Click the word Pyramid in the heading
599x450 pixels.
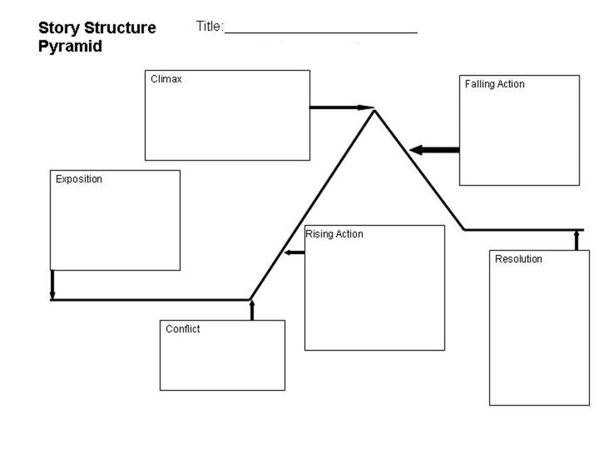click(x=70, y=47)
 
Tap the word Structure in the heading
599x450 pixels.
click(x=120, y=28)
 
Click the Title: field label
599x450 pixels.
click(x=210, y=26)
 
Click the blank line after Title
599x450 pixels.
click(x=321, y=33)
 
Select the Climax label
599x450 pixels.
click(x=166, y=79)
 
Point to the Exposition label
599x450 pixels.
click(x=79, y=179)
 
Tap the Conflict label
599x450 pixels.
click(x=182, y=329)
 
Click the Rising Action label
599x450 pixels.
click(x=334, y=234)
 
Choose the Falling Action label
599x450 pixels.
click(x=495, y=84)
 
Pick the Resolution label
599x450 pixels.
click(x=518, y=259)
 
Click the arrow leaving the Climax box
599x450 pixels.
click(x=342, y=108)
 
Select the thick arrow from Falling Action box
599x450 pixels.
click(x=435, y=150)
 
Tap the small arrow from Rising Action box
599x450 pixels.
click(x=294, y=252)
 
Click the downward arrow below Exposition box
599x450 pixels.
click(x=52, y=285)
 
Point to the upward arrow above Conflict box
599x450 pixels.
click(x=252, y=310)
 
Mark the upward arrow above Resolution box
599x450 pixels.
click(x=577, y=240)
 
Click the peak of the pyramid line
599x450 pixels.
click(x=375, y=110)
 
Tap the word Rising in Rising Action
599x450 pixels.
click(x=319, y=234)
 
